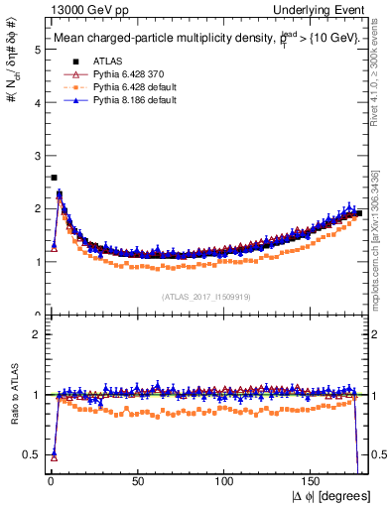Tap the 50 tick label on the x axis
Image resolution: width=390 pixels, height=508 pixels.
[137, 481]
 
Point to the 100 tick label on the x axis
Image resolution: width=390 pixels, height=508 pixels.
[225, 481]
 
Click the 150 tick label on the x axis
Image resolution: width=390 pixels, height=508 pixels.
[313, 481]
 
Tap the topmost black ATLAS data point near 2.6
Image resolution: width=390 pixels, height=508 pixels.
[54, 178]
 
